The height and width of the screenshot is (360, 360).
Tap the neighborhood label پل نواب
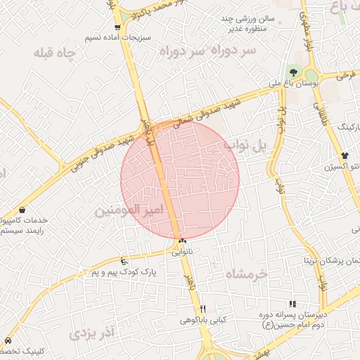click(x=246, y=145)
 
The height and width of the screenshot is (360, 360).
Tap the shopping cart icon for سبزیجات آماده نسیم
click(x=117, y=27)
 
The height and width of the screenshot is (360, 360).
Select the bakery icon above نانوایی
click(x=182, y=240)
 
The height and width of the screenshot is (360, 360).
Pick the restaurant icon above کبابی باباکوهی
click(x=203, y=309)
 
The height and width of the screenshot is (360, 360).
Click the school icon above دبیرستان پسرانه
click(x=292, y=304)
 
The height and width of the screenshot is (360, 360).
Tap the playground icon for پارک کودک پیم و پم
click(x=124, y=261)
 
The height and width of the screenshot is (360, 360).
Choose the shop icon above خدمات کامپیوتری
click(x=22, y=210)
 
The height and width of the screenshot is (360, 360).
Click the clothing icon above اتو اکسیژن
click(x=344, y=155)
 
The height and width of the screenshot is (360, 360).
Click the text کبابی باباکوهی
click(x=203, y=320)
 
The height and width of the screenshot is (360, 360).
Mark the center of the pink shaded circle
click(x=180, y=180)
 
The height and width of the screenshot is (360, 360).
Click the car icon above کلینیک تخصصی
click(x=8, y=340)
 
